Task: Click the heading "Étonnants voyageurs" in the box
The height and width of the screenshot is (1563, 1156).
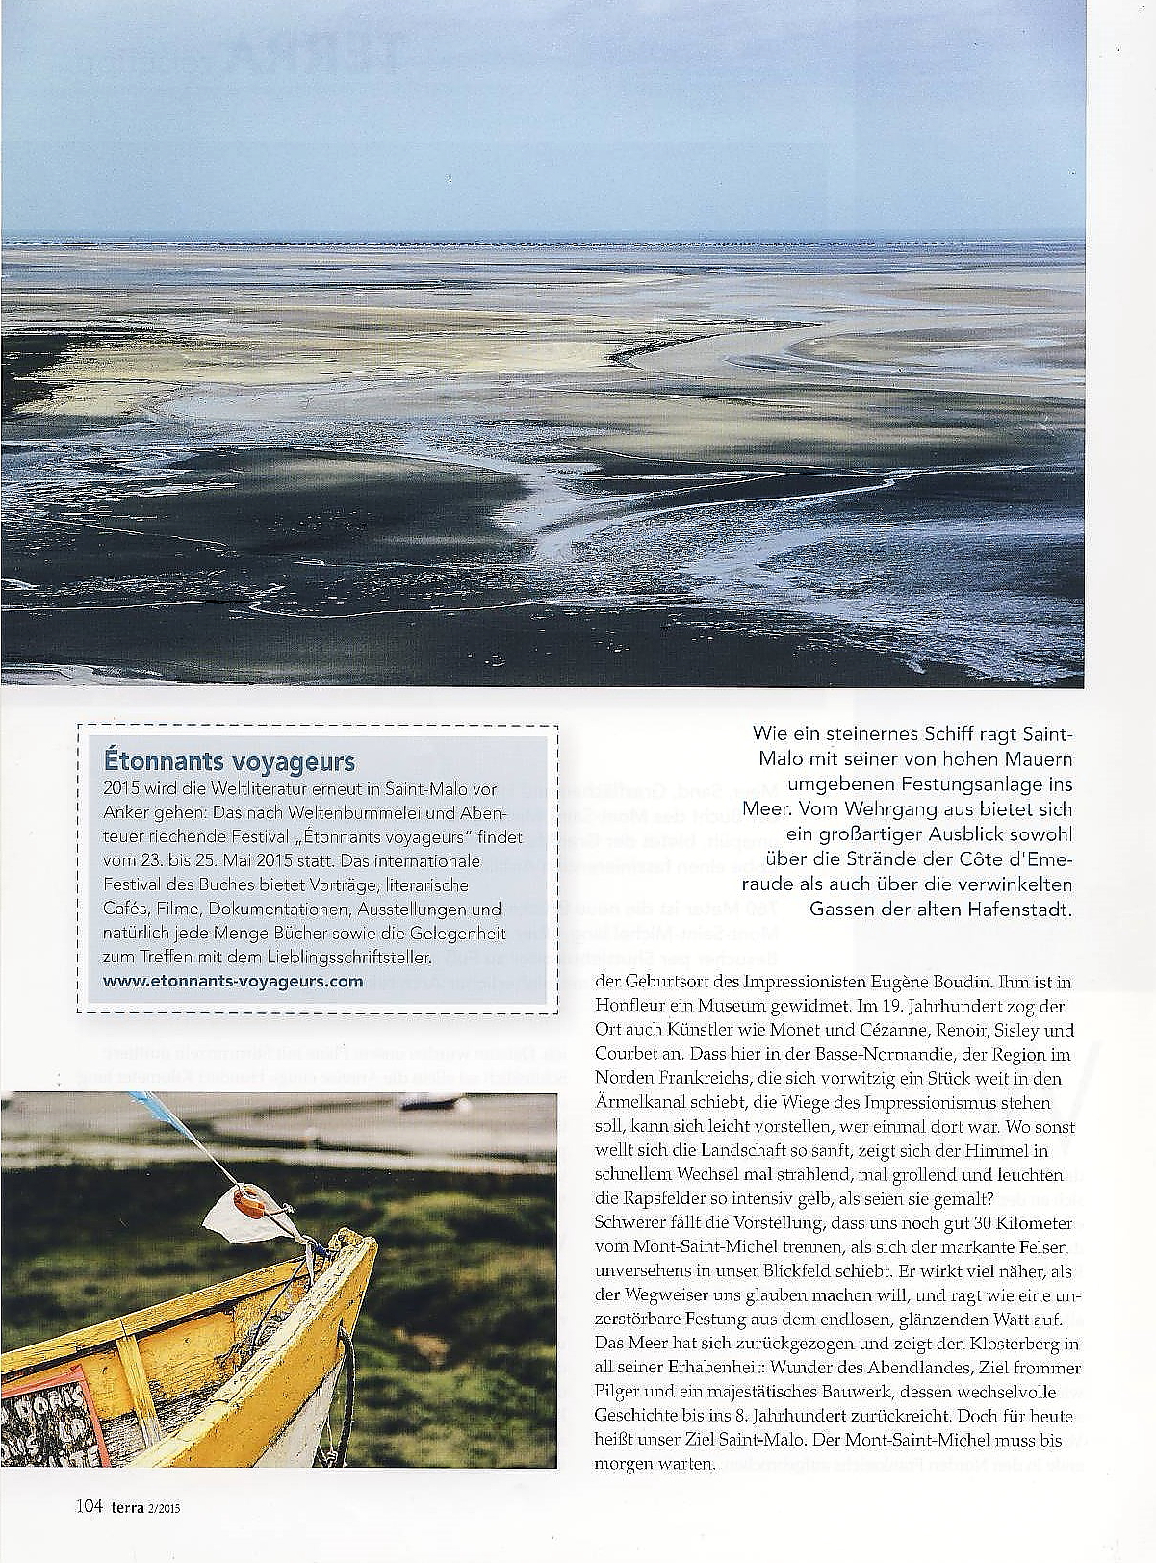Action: [x=228, y=762]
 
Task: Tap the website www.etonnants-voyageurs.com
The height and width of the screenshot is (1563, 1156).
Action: [x=232, y=981]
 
